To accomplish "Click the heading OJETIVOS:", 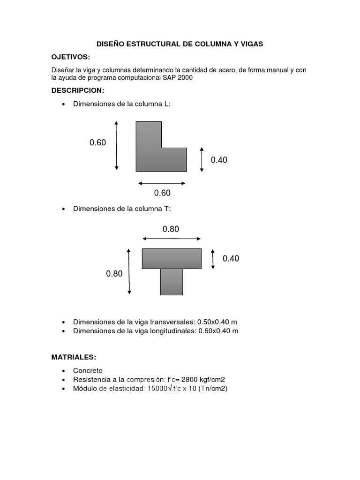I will pos(70,57).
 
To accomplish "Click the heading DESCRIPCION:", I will pos(77,90).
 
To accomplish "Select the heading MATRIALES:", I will pos(74,357).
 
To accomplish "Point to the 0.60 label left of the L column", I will pos(98,143).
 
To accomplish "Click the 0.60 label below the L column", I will pos(162,193).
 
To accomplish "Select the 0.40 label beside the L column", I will pos(219,160).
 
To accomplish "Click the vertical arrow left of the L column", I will pos(116,145).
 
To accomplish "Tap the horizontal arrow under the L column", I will pos(162,183).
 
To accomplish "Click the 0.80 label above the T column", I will pos(171,229).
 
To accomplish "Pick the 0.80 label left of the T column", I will pos(114,274).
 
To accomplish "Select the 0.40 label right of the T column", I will pos(231,259).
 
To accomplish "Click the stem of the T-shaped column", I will pos(172,282).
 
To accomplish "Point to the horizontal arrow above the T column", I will pos(172,239).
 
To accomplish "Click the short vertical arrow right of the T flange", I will pos(213,259).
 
